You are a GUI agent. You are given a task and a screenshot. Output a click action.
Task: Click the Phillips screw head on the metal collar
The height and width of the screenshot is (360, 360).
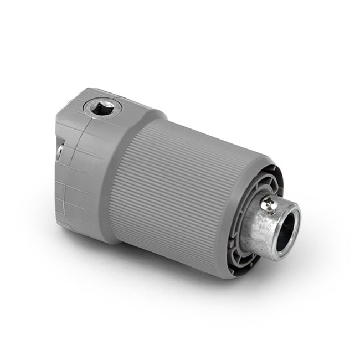pyautogui.click(x=268, y=204)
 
